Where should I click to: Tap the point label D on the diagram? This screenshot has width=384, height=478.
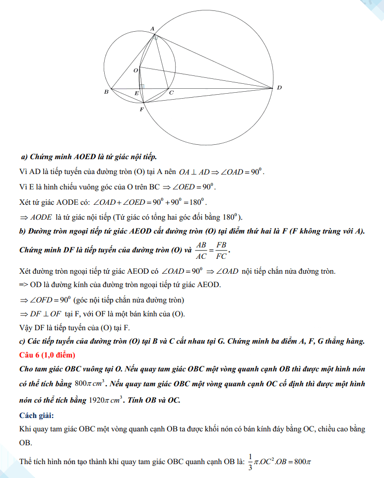(279, 88)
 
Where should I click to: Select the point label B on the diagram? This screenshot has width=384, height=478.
(106, 92)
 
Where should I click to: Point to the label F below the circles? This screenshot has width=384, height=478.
(141, 109)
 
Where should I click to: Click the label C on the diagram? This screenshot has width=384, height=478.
(171, 93)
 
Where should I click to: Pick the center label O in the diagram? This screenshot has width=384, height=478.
(135, 71)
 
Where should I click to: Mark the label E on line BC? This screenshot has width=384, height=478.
(136, 93)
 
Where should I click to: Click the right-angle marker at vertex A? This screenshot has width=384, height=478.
(155, 37)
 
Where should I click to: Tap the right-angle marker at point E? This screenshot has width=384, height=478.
(142, 87)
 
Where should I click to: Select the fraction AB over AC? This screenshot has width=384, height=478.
(201, 250)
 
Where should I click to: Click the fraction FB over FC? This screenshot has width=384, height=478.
(221, 250)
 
